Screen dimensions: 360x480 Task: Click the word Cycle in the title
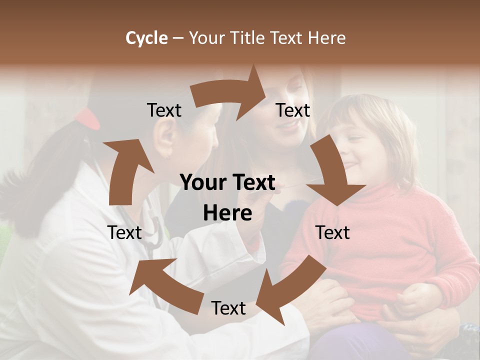[146, 38]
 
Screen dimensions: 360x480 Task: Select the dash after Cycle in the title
[178, 38]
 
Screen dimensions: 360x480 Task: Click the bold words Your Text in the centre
[227, 183]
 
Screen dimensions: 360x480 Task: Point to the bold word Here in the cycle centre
[227, 213]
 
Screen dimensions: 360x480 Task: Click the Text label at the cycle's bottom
[228, 308]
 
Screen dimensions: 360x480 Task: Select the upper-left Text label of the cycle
[164, 110]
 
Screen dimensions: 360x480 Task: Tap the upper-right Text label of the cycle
[293, 110]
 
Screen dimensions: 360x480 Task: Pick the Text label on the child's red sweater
[332, 232]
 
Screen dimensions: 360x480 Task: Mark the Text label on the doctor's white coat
[124, 232]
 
